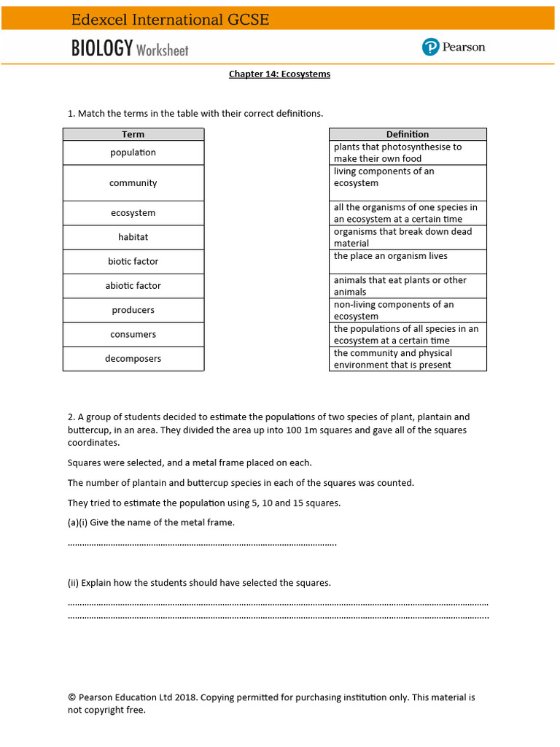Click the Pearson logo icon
click(430, 47)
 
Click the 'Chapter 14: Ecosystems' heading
click(279, 74)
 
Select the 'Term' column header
click(133, 134)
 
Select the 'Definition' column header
click(408, 134)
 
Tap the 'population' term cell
click(133, 152)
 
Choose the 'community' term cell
click(133, 183)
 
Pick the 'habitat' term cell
click(133, 237)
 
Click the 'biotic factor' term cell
click(133, 261)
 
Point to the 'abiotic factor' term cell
click(133, 286)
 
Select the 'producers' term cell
click(133, 310)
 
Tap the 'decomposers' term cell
click(133, 359)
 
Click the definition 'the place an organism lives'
click(391, 257)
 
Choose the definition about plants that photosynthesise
click(398, 152)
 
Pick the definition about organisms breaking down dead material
click(403, 237)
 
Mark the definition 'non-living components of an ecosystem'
click(394, 310)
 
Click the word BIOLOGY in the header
click(102, 49)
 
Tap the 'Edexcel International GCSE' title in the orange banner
click(170, 20)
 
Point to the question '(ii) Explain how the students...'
click(199, 583)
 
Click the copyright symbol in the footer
click(71, 697)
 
